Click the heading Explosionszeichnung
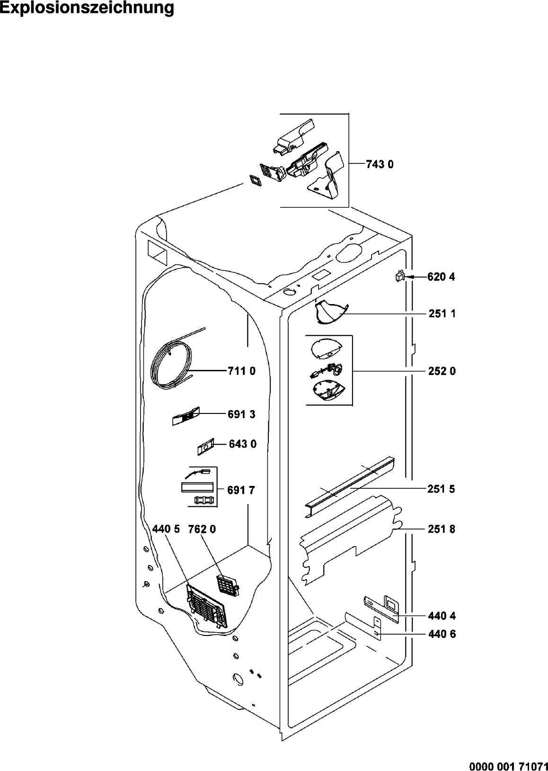click(87, 9)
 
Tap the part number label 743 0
click(380, 164)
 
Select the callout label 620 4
click(441, 277)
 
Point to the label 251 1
click(442, 314)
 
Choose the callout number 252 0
click(442, 371)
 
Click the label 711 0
click(241, 371)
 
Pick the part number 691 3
click(241, 414)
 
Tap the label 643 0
click(243, 444)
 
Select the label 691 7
click(241, 491)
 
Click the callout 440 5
click(166, 529)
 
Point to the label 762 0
click(202, 529)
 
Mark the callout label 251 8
click(442, 529)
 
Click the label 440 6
click(442, 634)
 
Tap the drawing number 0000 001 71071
click(508, 765)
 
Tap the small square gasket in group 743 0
click(255, 180)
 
